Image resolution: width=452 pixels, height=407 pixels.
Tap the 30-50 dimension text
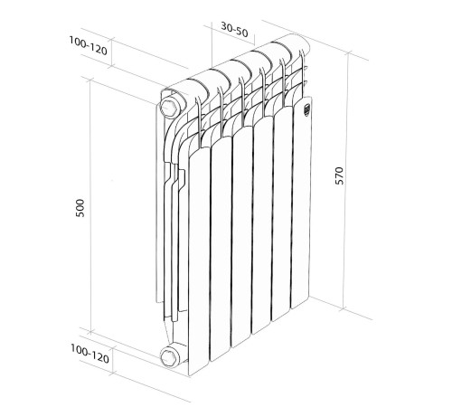235,29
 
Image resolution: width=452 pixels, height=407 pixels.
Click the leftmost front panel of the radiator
198,262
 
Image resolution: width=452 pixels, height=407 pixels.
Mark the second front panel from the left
221,253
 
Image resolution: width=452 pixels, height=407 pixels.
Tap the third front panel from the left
242,244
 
